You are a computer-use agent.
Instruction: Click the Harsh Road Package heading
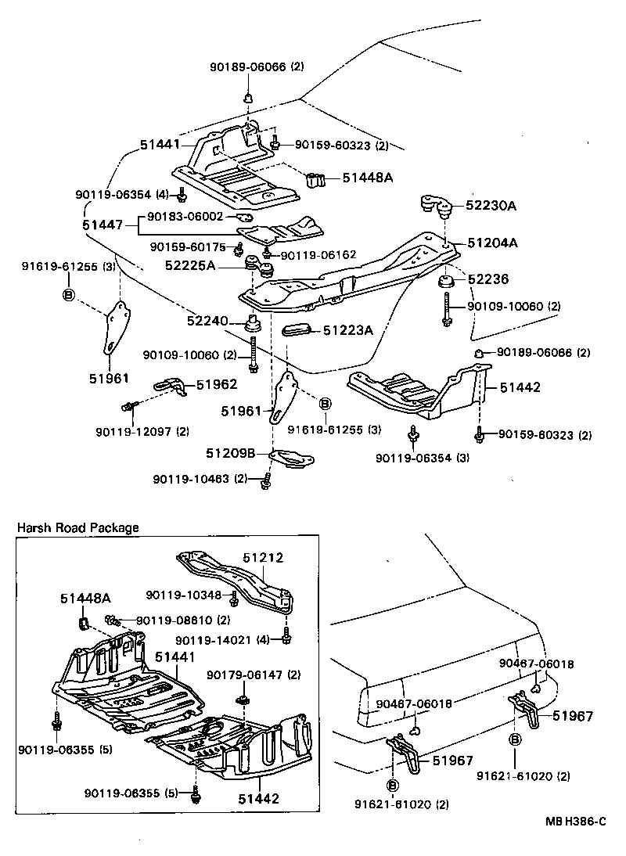pos(78,527)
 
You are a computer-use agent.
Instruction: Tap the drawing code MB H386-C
pos(576,821)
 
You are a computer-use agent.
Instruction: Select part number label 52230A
pos(492,205)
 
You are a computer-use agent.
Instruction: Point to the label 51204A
pos(493,243)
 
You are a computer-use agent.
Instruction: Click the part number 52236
pos(487,279)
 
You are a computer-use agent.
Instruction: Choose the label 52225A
pos(189,266)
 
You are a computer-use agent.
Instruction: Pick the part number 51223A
pos(348,331)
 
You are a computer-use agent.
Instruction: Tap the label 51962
pos(216,384)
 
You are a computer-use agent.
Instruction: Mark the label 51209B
pos(231,453)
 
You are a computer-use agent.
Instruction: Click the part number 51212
pos(262,558)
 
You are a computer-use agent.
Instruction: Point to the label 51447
pos(103,225)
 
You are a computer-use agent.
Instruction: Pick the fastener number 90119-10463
pos(196,478)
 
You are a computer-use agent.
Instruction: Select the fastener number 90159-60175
pos(188,247)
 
